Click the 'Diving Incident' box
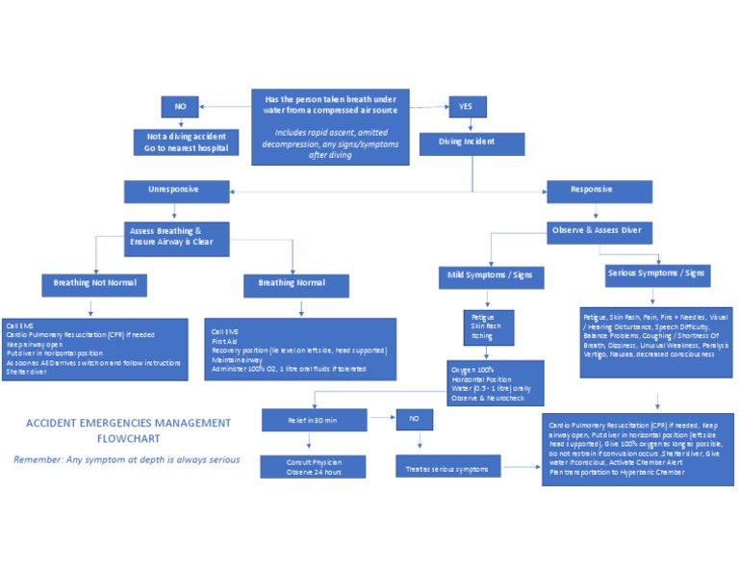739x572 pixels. (471, 144)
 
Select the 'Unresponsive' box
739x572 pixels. (173, 191)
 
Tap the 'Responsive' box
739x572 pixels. (593, 191)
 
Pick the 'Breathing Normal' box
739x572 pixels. (291, 285)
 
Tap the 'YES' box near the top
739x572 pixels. (467, 108)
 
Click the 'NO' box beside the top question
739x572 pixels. (180, 108)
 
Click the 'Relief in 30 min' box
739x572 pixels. (312, 420)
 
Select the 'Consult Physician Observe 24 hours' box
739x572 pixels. (312, 466)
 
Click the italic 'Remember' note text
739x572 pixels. (126, 459)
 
